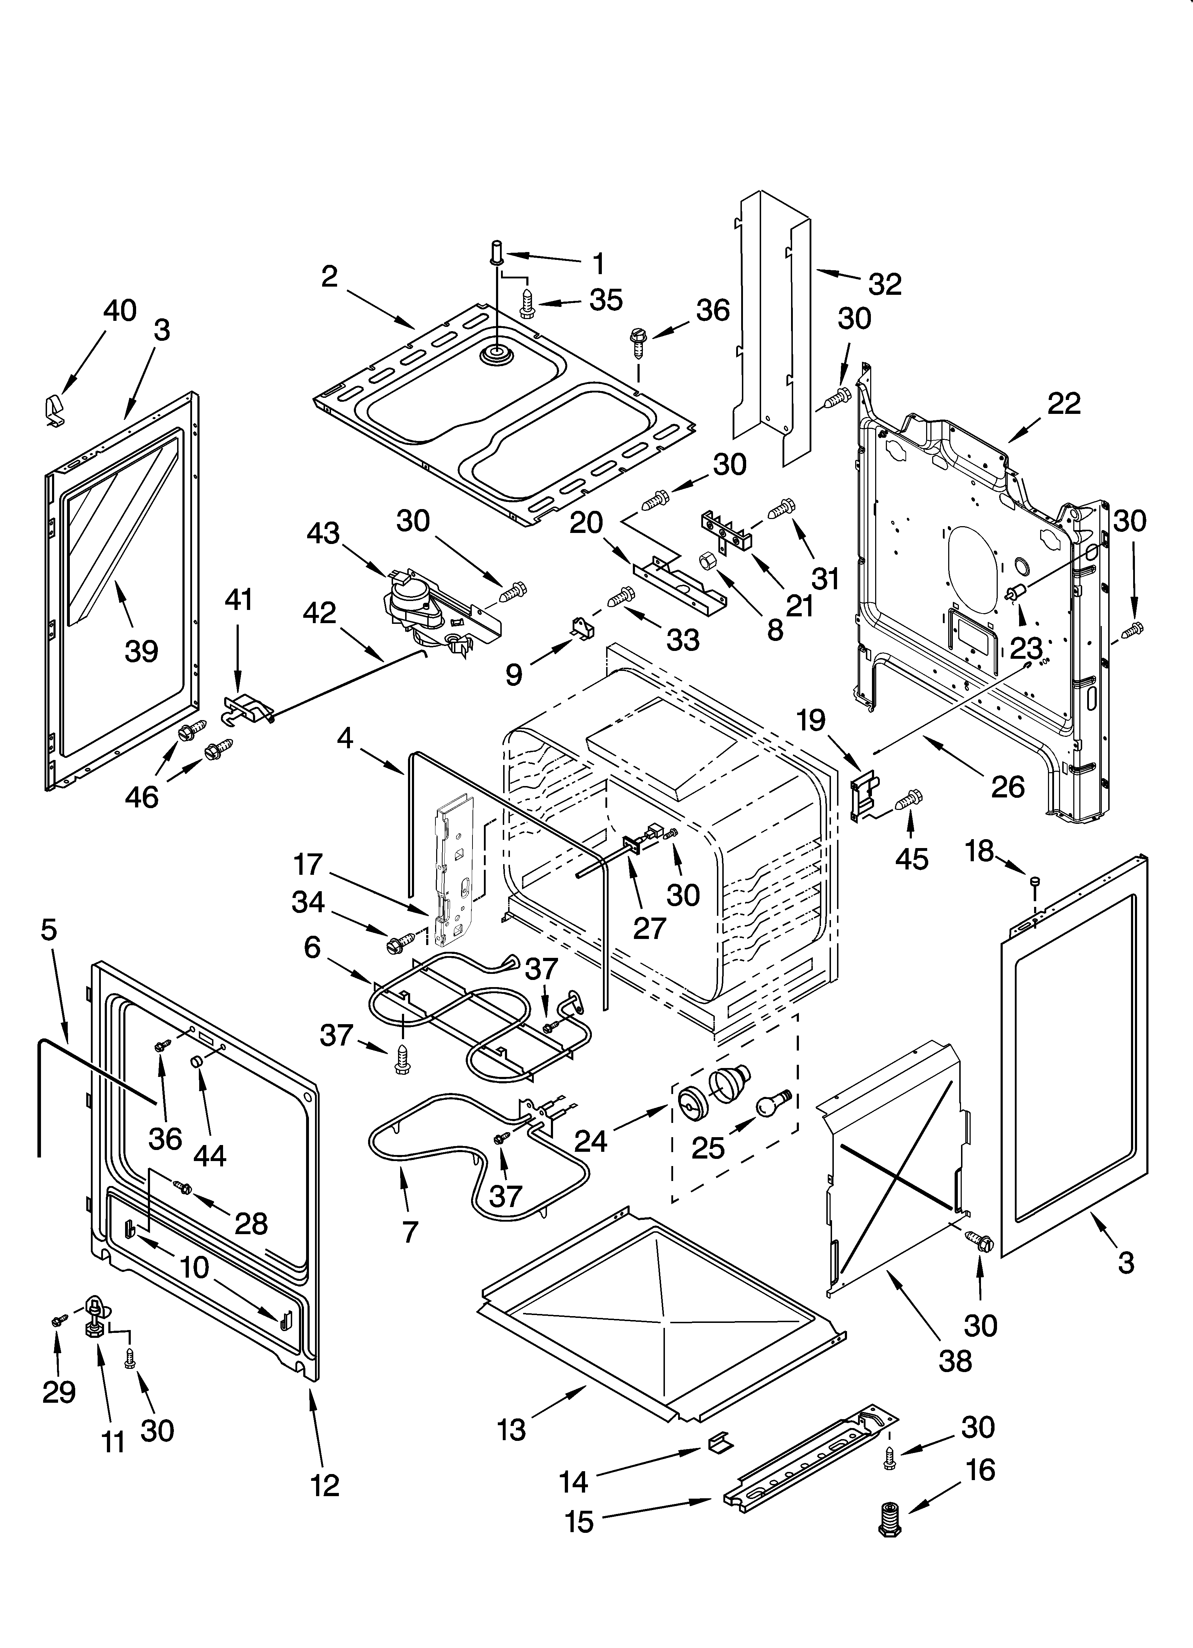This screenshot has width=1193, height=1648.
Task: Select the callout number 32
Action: pyautogui.click(x=884, y=283)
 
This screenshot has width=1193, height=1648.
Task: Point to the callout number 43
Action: pyautogui.click(x=323, y=533)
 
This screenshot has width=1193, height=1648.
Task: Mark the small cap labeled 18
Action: pyautogui.click(x=1035, y=882)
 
